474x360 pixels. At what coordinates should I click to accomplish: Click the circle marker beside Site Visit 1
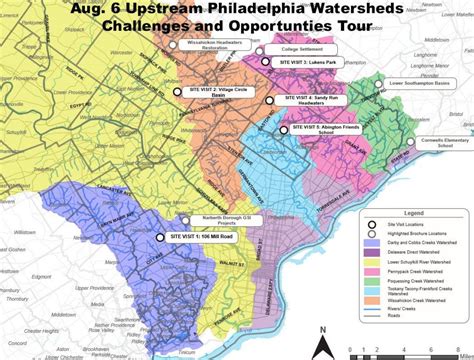click(x=161, y=237)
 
